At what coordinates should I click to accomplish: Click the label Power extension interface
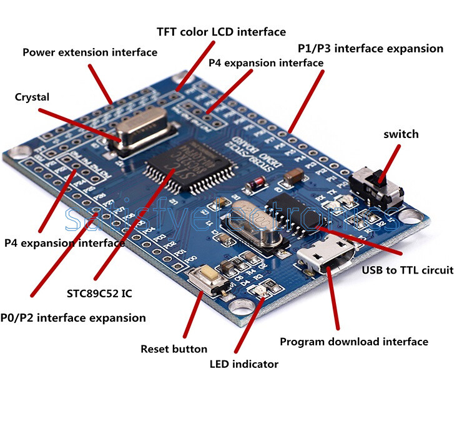pos(90,52)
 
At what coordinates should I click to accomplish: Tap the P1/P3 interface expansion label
pos(370,49)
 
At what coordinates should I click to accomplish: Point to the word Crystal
pos(32,97)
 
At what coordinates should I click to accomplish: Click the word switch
pos(401,134)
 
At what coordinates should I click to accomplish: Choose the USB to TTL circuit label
pos(408,270)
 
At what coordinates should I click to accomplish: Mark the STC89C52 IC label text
pos(99,293)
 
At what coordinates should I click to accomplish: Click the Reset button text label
pos(174,349)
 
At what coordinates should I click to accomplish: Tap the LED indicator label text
pos(244,364)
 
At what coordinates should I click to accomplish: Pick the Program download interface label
pos(354,342)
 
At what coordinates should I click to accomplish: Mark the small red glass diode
pos(255,185)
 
